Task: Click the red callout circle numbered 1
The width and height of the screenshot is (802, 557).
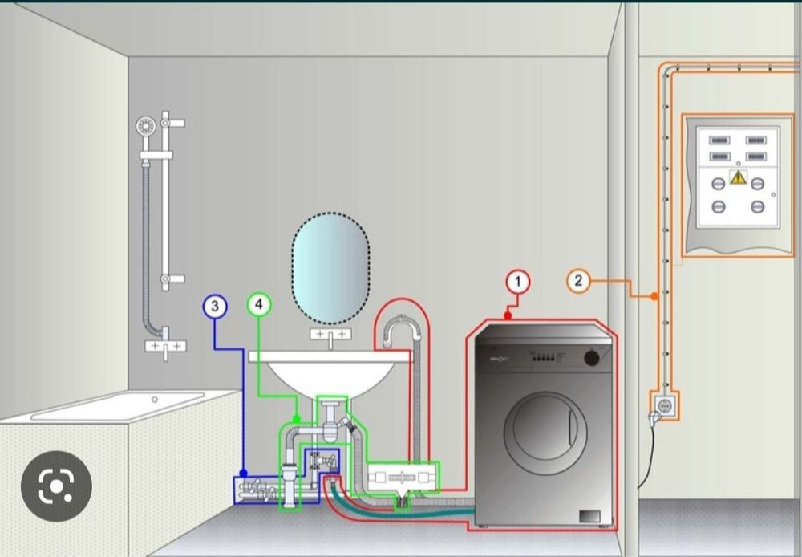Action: tap(518, 282)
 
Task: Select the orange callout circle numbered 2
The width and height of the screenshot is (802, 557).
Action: tap(578, 281)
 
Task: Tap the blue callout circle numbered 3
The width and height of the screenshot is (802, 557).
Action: tap(215, 306)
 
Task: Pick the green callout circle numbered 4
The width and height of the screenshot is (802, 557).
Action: tap(258, 304)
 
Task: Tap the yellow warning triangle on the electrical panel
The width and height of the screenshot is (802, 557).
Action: tap(738, 177)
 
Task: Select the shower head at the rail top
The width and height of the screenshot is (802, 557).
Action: tap(145, 126)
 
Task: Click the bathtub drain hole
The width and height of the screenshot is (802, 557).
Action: tap(154, 398)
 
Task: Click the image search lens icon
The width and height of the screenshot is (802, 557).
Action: tap(55, 486)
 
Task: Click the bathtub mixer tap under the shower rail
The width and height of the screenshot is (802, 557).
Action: tap(165, 345)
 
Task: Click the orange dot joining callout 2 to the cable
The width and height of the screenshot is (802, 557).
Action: tap(654, 296)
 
